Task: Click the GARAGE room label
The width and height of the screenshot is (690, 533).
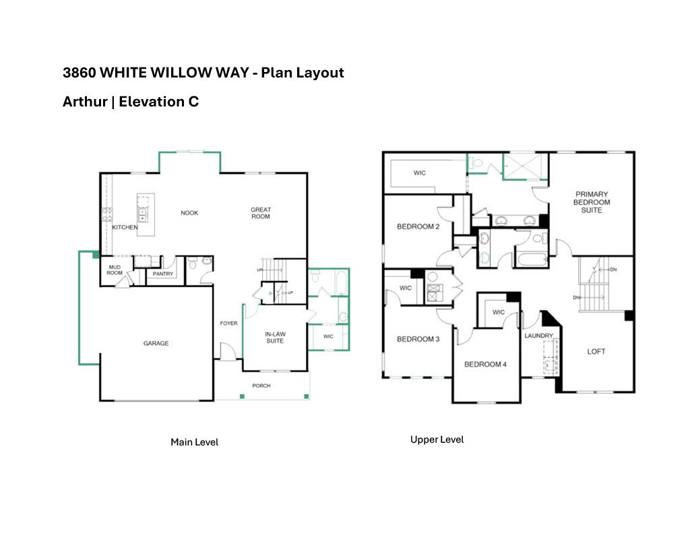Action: pos(156,344)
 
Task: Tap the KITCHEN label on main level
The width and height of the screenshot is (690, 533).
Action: pos(125,228)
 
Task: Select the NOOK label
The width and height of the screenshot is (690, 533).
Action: pos(189,213)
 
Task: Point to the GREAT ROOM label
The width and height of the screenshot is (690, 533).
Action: pos(261,213)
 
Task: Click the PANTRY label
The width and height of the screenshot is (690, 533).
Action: pos(163,274)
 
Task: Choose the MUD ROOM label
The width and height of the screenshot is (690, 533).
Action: pos(115,270)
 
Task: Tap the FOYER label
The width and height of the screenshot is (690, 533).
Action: pos(228,323)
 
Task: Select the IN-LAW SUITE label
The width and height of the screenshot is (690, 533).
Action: pos(274,337)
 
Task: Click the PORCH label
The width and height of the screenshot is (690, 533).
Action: pos(261,386)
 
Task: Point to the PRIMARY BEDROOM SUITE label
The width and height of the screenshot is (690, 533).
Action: pos(592,202)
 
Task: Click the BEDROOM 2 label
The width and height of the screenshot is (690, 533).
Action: pos(418,227)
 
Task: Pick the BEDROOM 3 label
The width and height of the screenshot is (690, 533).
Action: pos(418,339)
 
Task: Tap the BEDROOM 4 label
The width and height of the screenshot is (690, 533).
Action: pos(485,365)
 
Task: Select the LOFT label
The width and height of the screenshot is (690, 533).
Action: pos(596,351)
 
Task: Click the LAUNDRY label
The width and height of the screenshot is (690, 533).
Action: pos(538,336)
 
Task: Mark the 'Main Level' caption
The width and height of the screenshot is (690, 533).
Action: pos(194,442)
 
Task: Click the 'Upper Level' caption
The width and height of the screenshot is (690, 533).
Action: pos(437,439)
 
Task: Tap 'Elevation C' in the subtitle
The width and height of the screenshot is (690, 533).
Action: pos(158,102)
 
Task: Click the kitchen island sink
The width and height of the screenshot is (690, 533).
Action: pos(143,215)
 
